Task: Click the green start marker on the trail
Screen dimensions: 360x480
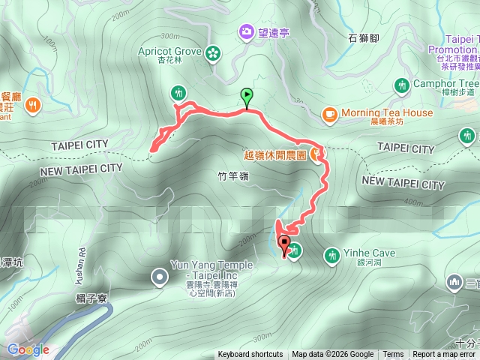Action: [x=247, y=96]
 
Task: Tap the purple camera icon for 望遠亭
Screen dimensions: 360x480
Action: [x=246, y=31]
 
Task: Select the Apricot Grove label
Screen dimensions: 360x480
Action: [x=169, y=51]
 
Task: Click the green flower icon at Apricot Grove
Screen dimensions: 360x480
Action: [x=214, y=52]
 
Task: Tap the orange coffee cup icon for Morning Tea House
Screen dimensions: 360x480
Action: [x=328, y=113]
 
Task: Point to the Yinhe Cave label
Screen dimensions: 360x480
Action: [x=371, y=253]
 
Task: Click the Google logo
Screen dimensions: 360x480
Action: [x=28, y=349]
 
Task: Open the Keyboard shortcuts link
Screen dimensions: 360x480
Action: [x=250, y=355]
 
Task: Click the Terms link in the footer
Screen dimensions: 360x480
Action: [x=393, y=355]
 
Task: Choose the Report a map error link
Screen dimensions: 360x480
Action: [x=444, y=355]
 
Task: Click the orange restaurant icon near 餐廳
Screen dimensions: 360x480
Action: [x=32, y=106]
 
